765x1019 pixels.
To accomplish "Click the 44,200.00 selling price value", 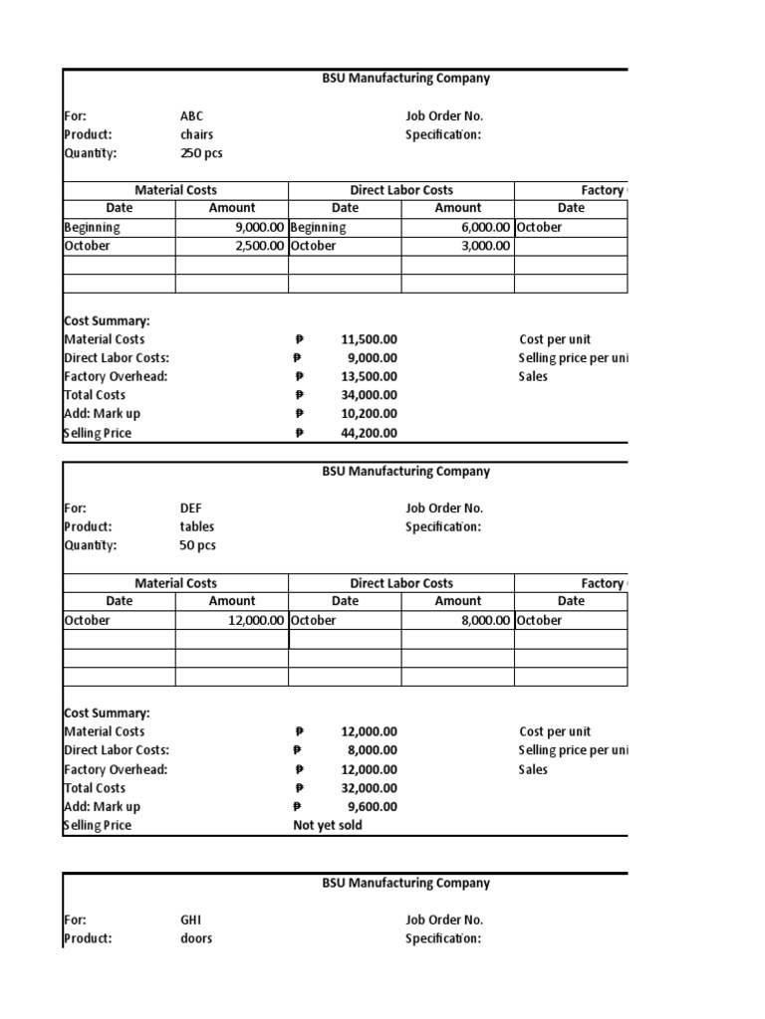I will click(x=369, y=433).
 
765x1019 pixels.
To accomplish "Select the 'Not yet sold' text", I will click(x=328, y=825).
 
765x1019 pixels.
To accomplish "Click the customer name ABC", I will click(x=192, y=115).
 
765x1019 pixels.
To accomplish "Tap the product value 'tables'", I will click(x=197, y=526).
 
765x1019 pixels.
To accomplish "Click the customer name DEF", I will click(x=191, y=509).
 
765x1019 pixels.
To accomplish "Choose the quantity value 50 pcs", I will click(x=197, y=545).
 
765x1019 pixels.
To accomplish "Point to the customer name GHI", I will click(x=191, y=920).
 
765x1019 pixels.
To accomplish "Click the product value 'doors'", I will click(x=196, y=938).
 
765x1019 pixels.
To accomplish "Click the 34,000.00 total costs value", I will click(x=369, y=395).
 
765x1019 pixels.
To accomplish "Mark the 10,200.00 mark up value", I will click(x=369, y=414).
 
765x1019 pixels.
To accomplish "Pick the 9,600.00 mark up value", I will click(x=373, y=807).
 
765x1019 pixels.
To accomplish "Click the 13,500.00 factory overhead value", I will click(x=369, y=376).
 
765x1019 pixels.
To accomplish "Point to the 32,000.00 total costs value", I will click(x=369, y=788).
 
